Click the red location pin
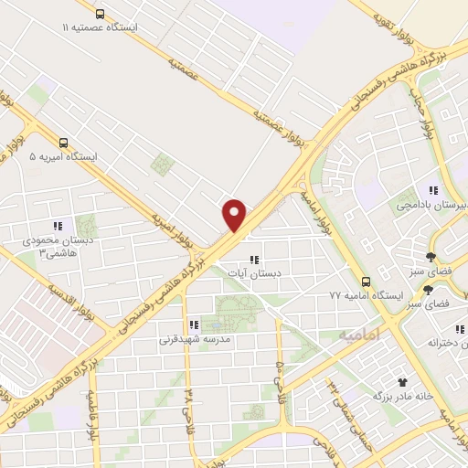tap(235, 214)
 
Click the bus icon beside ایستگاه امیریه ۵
tap(63, 142)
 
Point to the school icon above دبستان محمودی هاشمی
tap(58, 226)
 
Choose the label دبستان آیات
tap(260, 273)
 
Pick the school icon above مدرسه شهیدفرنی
tap(193, 324)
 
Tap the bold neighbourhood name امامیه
tap(358, 335)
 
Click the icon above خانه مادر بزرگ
tap(400, 381)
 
